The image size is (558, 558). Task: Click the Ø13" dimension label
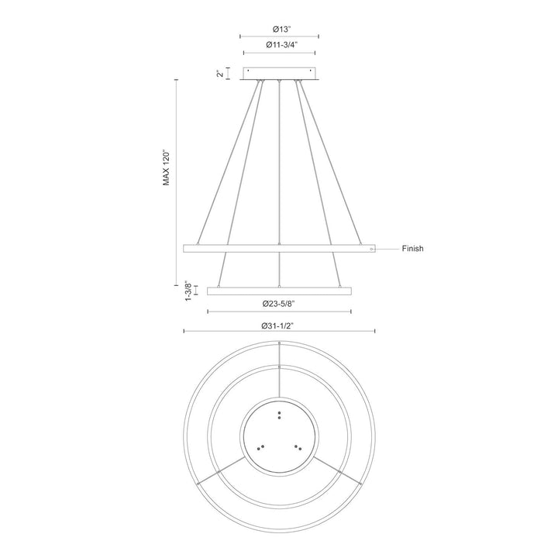(x=279, y=29)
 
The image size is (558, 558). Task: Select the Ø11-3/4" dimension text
(x=279, y=45)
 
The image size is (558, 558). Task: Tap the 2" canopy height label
(x=221, y=73)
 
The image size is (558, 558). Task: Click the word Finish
(x=412, y=250)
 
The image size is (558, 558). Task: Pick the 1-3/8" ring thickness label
(x=187, y=291)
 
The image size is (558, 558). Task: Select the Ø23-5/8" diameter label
(x=279, y=305)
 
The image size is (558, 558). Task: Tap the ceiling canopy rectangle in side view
(x=279, y=73)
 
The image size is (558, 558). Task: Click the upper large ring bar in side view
(x=232, y=249)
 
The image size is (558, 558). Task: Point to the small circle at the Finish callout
(x=372, y=250)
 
